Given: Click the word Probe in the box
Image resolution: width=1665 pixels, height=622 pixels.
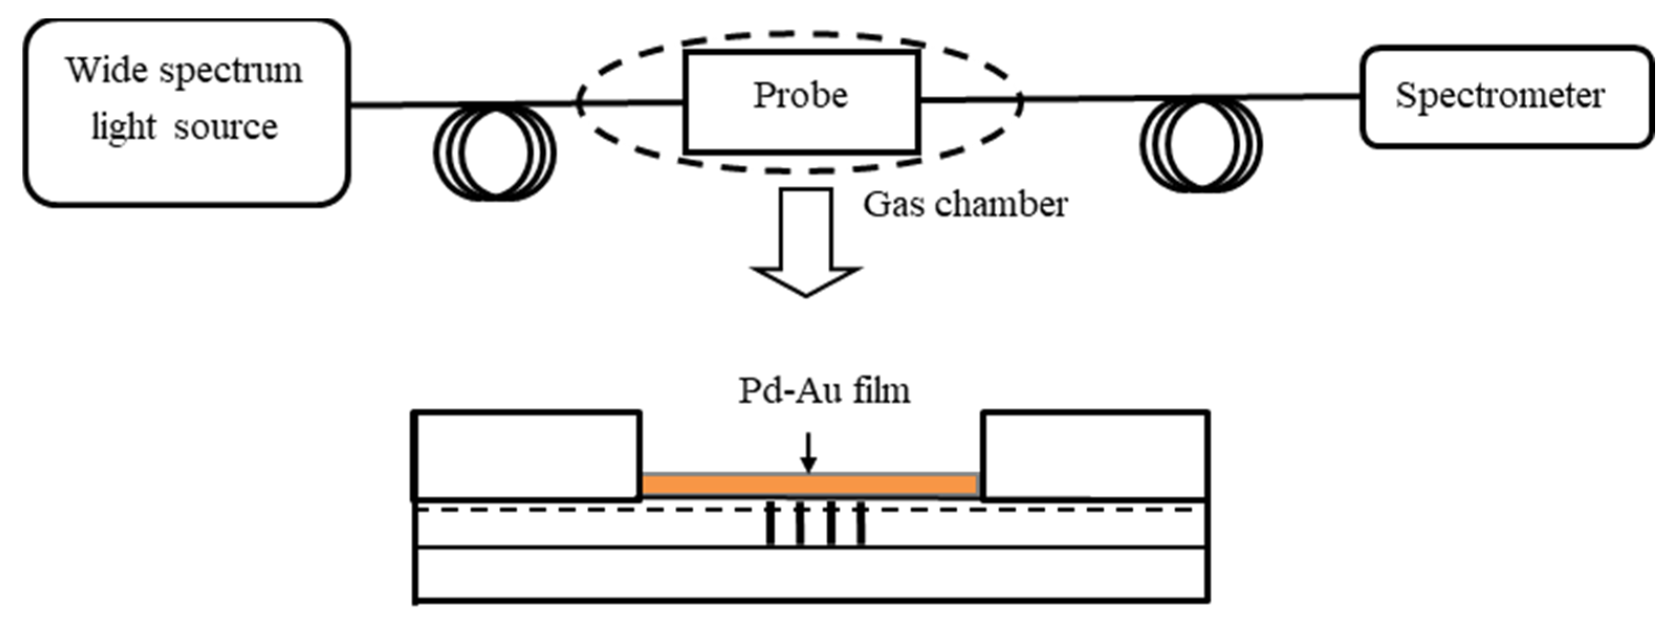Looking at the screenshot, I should point(800,96).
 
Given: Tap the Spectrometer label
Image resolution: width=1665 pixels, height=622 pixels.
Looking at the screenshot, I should point(1499,96).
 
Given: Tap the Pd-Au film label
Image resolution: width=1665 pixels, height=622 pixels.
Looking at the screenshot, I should point(824,391).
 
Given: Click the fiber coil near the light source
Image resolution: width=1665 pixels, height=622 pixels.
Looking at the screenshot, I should point(495,152).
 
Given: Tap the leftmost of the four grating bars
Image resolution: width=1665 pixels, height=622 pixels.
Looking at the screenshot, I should point(770,525).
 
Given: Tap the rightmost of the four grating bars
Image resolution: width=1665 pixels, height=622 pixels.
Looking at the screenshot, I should point(860,525).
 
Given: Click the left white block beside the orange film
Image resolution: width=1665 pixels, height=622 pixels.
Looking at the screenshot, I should point(527,456).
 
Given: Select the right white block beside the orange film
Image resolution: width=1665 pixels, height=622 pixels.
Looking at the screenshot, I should point(1095,456).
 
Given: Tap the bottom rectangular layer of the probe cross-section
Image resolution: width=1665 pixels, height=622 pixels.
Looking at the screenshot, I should point(811,574).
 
